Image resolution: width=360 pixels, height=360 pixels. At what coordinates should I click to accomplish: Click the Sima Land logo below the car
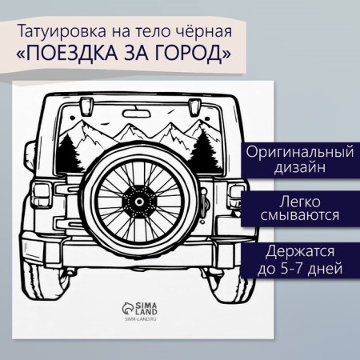[x=139, y=308]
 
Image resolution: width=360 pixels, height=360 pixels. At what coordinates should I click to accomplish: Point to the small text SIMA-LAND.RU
[x=140, y=319]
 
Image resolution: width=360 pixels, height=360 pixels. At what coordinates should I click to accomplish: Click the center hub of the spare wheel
[x=138, y=202]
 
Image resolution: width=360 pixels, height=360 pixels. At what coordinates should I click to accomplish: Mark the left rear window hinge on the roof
[x=86, y=106]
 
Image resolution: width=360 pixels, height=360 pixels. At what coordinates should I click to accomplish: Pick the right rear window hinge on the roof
[x=194, y=106]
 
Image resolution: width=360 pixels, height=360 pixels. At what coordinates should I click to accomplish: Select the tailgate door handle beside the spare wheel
[x=206, y=202]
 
